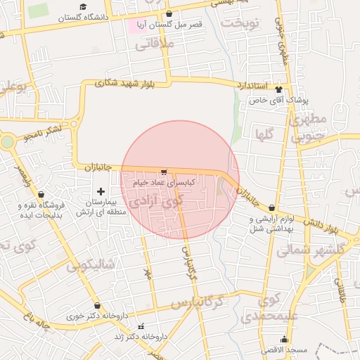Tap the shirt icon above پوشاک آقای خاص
tap(278, 89)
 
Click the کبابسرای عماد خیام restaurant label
tap(164, 181)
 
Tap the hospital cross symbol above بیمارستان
tap(101, 191)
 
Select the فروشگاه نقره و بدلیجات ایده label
tap(41, 210)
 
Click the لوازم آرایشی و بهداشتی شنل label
tap(272, 223)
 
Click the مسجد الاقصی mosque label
tap(284, 349)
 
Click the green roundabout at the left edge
tap(6, 142)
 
